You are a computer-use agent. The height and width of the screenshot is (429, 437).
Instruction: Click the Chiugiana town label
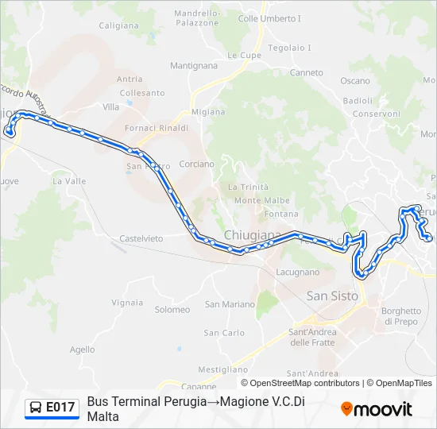(x=253, y=235)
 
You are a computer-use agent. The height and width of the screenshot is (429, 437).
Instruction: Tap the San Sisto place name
(x=332, y=296)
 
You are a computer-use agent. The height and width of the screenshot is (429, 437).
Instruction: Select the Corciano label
(x=197, y=164)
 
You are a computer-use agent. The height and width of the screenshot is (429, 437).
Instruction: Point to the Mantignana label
(x=193, y=65)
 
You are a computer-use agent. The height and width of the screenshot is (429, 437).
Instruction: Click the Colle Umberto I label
(x=269, y=18)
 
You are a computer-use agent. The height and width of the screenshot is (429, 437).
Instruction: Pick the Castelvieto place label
(x=141, y=238)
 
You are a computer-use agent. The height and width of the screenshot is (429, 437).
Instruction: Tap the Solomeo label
(x=172, y=309)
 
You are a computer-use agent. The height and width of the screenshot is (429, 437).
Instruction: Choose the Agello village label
(x=82, y=350)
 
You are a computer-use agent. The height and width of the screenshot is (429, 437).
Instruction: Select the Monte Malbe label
(x=261, y=200)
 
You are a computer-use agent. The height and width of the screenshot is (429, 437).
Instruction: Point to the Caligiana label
(x=119, y=25)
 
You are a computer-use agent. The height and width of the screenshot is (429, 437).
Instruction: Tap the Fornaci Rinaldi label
(x=157, y=128)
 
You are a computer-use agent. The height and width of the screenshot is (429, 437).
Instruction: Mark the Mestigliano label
(x=223, y=369)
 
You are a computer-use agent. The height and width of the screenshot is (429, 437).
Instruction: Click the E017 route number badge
(x=60, y=408)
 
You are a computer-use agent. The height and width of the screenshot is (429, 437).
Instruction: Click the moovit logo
(x=377, y=409)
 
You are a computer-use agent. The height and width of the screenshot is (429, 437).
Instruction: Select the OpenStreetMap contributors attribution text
(x=300, y=383)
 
